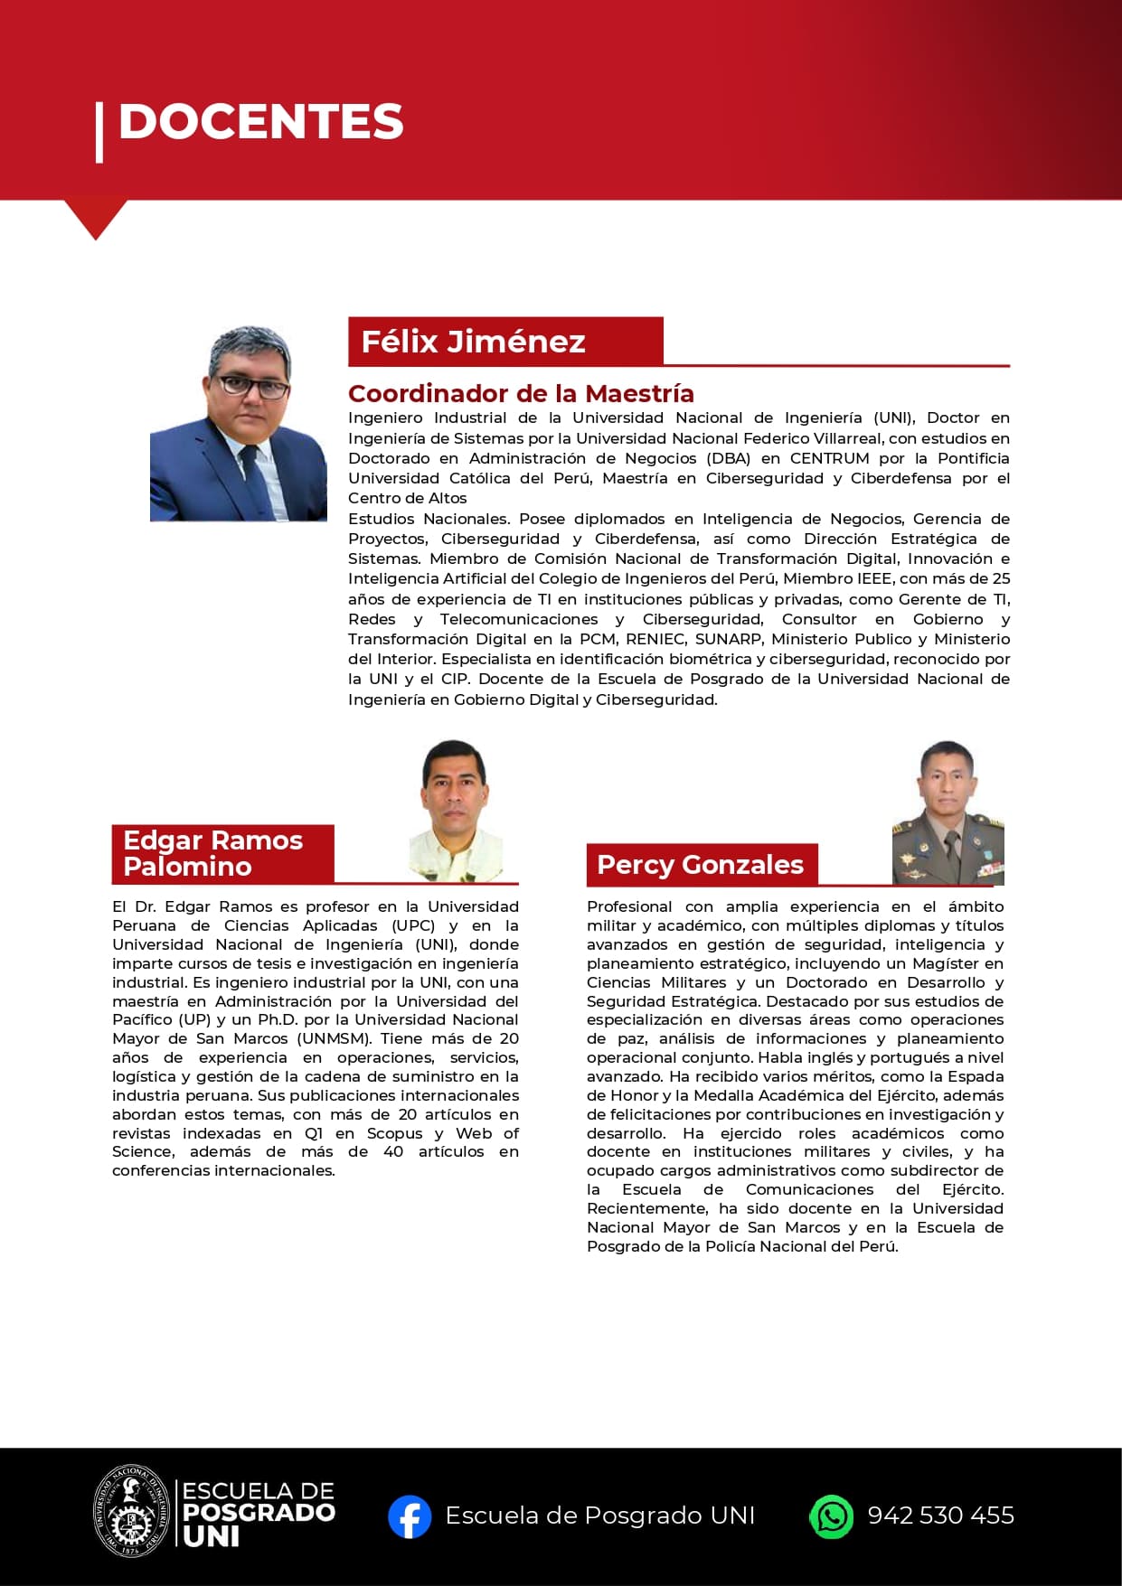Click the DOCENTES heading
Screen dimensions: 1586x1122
click(x=260, y=122)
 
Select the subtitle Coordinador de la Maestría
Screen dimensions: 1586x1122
click(x=521, y=394)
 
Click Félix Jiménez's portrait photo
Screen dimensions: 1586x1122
click(x=239, y=424)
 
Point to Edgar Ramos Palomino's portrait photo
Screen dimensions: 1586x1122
click(x=457, y=811)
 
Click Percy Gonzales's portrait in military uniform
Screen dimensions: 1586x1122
click(x=948, y=812)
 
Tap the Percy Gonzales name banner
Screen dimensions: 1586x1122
click(x=701, y=865)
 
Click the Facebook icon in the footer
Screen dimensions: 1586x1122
click(x=410, y=1516)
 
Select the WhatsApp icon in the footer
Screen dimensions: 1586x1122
click(x=831, y=1516)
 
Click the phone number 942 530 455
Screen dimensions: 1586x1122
click(x=940, y=1516)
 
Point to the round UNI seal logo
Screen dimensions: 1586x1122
click(x=133, y=1511)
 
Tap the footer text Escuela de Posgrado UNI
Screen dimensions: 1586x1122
click(x=599, y=1516)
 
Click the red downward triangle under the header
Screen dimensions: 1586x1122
click(x=95, y=220)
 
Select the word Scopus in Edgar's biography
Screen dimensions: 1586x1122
click(x=394, y=1133)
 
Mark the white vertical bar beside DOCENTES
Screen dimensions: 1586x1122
click(x=99, y=132)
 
